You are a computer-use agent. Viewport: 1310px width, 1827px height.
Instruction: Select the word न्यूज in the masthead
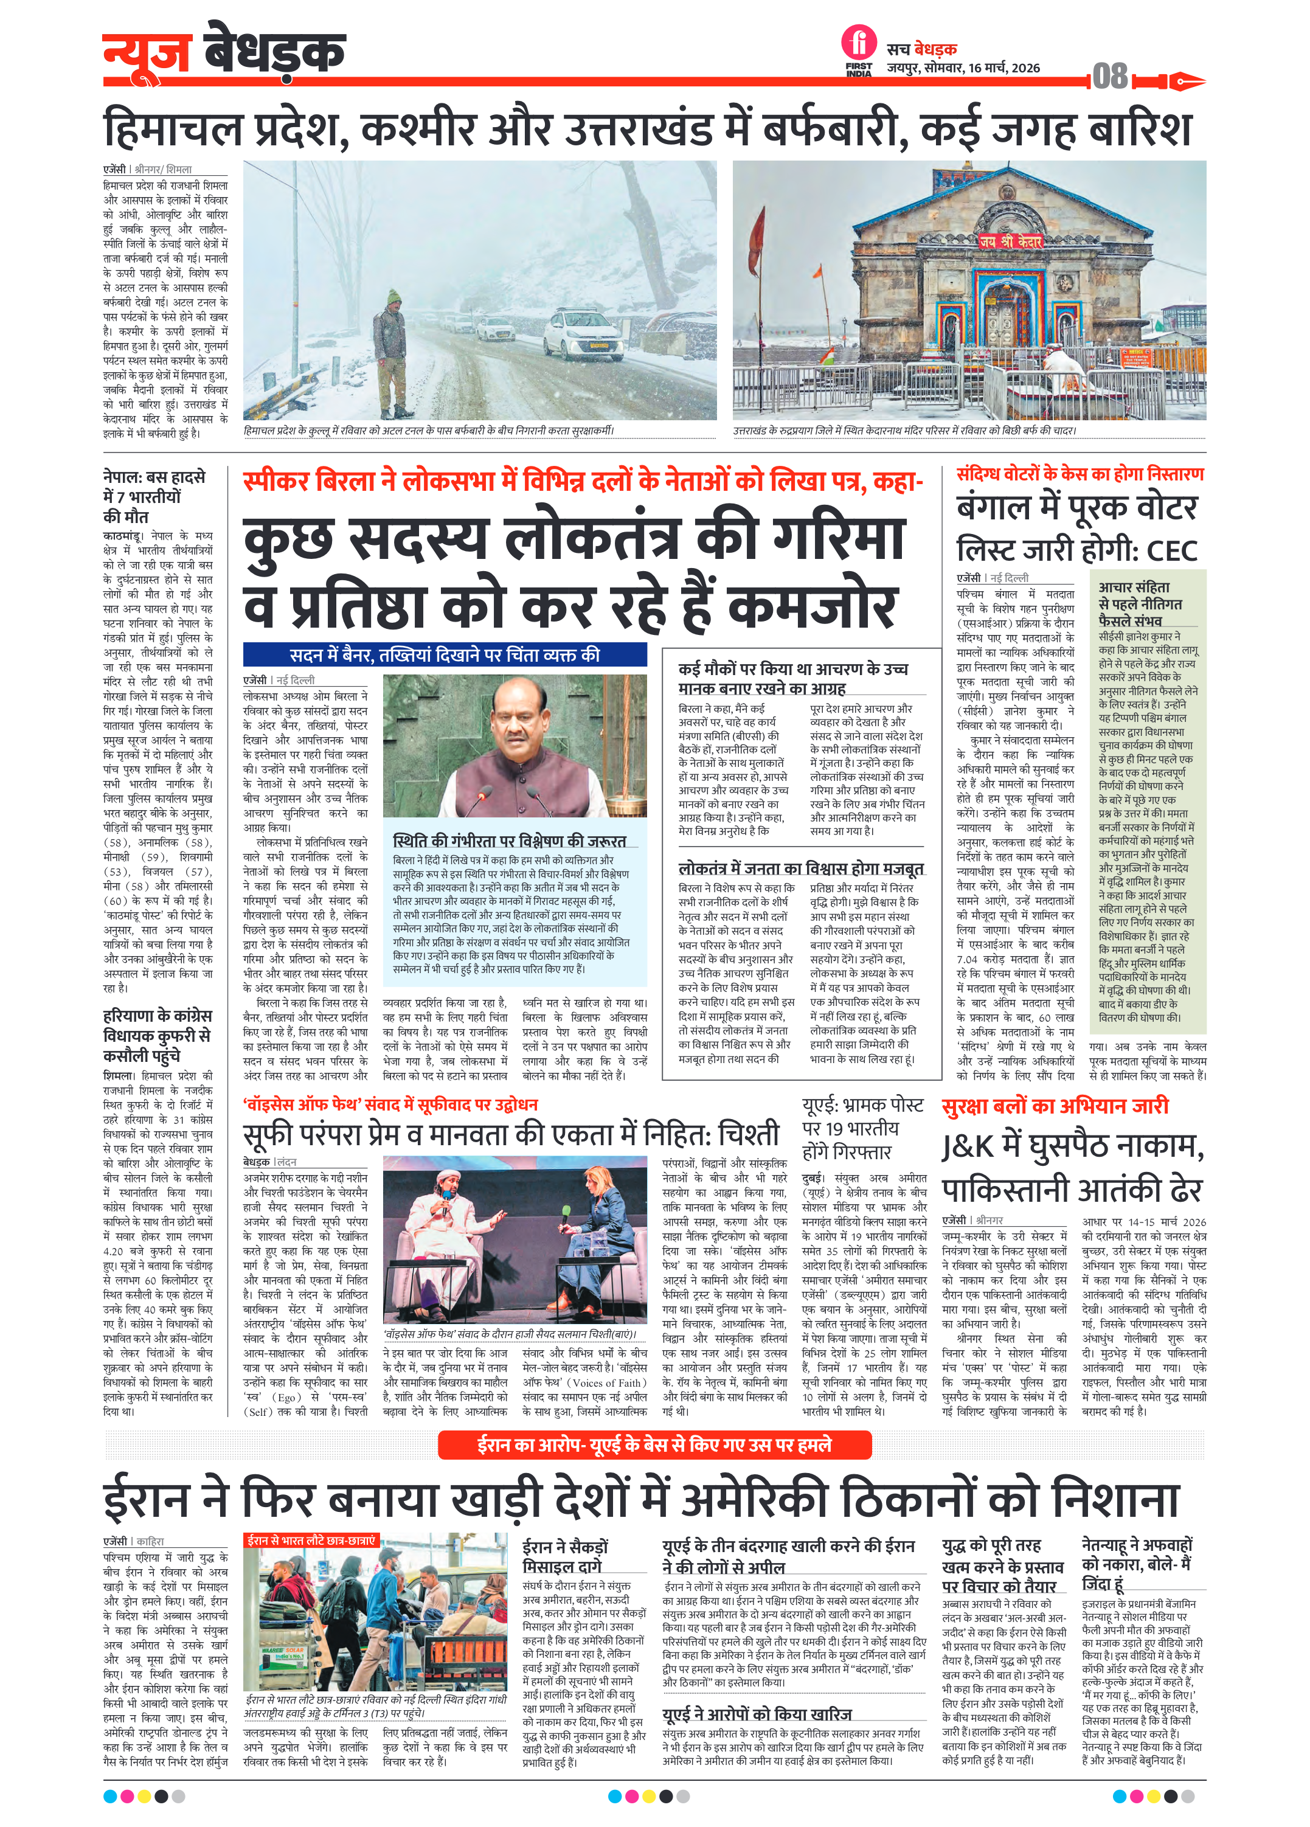147,52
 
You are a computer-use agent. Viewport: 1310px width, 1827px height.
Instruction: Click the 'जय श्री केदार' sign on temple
1010,241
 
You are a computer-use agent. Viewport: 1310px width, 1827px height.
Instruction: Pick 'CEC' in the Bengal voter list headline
1171,551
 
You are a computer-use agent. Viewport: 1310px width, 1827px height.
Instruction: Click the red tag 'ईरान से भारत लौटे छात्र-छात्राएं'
311,1540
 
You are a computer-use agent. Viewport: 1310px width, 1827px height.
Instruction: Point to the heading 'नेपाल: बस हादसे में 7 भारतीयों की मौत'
154,496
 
